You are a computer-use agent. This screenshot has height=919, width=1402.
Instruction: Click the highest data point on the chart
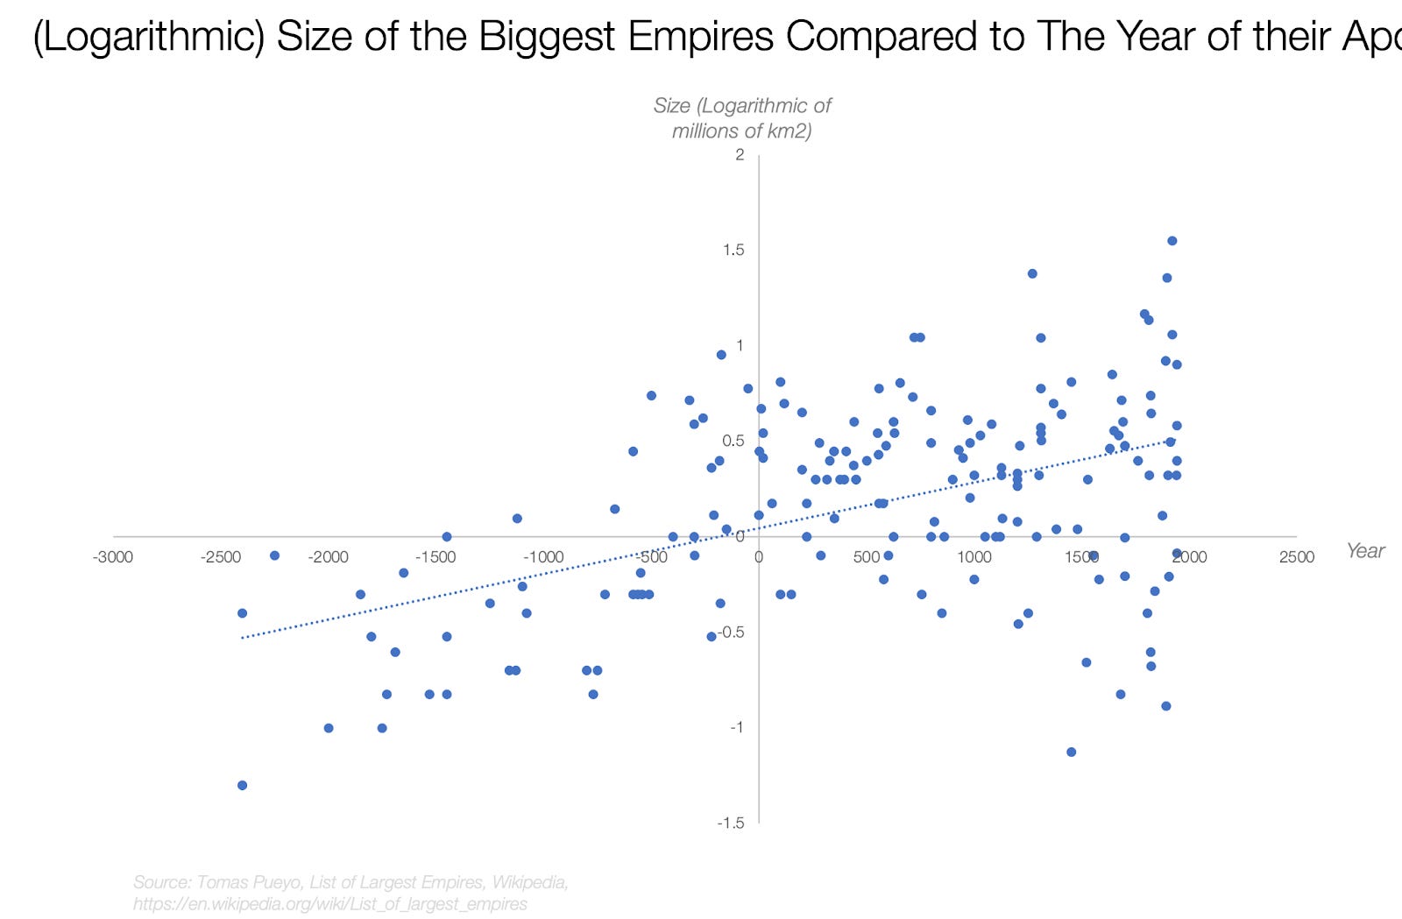pos(1172,241)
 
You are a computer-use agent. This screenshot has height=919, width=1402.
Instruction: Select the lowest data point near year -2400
pos(243,785)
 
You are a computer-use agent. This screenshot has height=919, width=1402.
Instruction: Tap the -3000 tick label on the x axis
pos(113,557)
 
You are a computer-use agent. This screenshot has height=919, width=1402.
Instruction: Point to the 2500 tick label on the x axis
pos(1296,557)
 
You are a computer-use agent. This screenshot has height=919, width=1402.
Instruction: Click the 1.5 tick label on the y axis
pos(733,250)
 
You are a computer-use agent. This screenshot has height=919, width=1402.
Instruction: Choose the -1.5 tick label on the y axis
pos(730,823)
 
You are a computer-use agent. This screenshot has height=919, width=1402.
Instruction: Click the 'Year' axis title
pos(1364,551)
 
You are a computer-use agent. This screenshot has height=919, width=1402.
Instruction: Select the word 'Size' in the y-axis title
pos(672,106)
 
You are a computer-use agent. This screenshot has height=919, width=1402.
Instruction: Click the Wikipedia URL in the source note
pos(330,904)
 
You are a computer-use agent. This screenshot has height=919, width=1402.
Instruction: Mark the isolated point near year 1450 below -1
pos(1071,752)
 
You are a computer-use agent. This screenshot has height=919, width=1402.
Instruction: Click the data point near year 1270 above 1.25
pos(1032,274)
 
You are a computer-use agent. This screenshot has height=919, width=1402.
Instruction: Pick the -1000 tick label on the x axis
pos(543,557)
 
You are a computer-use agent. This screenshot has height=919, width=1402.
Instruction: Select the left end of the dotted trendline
pos(243,638)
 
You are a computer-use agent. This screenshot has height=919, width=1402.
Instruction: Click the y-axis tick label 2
pos(740,155)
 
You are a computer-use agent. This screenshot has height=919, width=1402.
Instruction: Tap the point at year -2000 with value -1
pos(329,728)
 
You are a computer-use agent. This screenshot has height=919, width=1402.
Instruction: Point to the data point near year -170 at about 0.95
pos(721,355)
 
